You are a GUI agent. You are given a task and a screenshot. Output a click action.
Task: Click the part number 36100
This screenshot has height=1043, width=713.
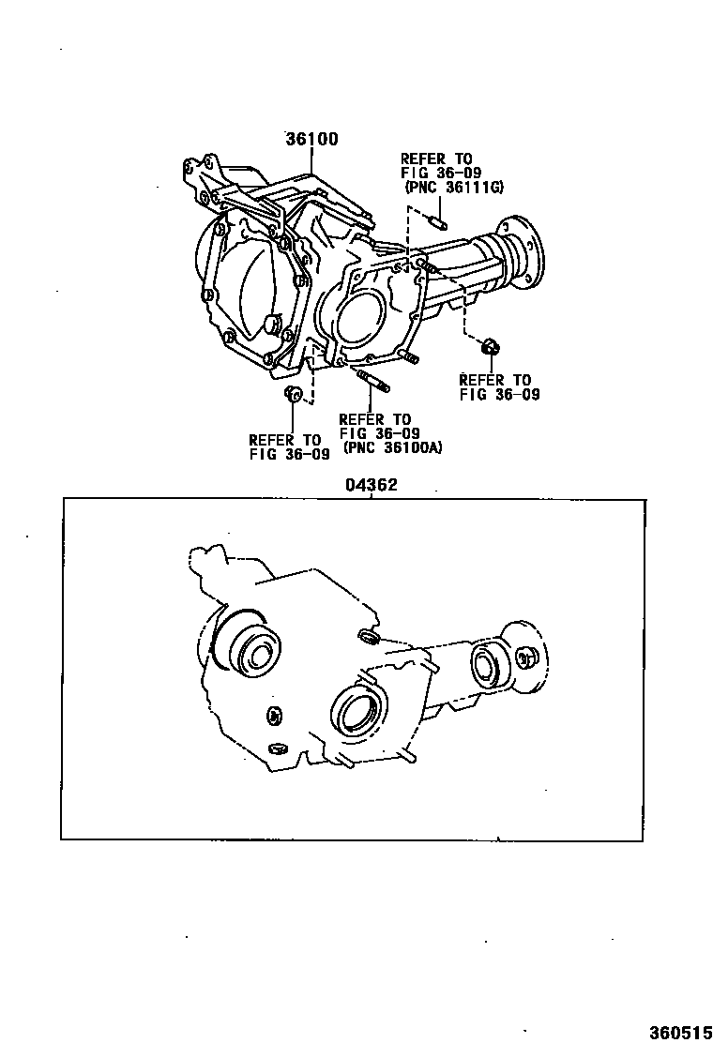(311, 139)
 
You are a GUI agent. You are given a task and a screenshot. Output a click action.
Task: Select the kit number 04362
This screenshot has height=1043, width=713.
(372, 486)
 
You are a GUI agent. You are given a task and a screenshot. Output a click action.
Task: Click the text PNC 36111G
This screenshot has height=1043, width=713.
(455, 188)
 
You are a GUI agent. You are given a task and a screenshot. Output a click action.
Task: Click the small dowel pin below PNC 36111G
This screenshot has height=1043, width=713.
(439, 222)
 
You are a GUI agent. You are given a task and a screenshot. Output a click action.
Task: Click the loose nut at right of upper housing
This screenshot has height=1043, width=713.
(489, 348)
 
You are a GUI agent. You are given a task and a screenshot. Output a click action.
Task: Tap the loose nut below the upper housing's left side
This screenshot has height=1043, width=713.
(292, 393)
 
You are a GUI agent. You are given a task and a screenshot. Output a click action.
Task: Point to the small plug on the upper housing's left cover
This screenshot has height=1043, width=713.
(273, 325)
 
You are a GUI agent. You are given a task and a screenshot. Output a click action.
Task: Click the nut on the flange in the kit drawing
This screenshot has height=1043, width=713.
(526, 658)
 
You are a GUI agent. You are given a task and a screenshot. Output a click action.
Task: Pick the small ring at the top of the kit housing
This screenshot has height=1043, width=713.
(368, 639)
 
